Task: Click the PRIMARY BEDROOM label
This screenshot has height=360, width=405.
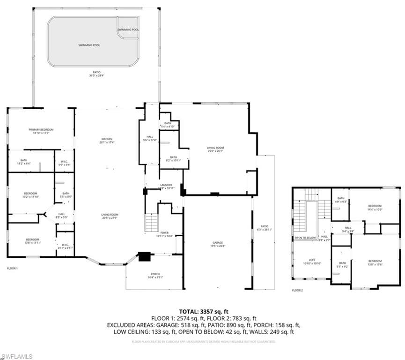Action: point(41,129)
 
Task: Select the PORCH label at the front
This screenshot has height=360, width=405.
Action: point(155,274)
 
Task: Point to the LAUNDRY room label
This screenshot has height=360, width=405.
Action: point(166,185)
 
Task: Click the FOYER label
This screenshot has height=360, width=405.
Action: point(164,232)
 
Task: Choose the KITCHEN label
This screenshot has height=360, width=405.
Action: point(107,139)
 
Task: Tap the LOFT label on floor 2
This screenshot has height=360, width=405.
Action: point(312,260)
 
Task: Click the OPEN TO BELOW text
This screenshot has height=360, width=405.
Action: point(305,238)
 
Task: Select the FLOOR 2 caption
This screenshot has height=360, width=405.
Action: point(297,291)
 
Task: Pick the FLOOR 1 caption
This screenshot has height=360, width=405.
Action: point(12,268)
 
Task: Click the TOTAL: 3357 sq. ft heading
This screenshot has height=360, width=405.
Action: point(204,311)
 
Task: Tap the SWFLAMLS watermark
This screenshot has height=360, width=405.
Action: point(17,356)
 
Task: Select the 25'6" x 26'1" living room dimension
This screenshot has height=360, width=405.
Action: point(215,151)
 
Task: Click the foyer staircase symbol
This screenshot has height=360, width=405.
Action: point(151,222)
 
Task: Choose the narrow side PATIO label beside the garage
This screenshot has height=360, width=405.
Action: point(264,227)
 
